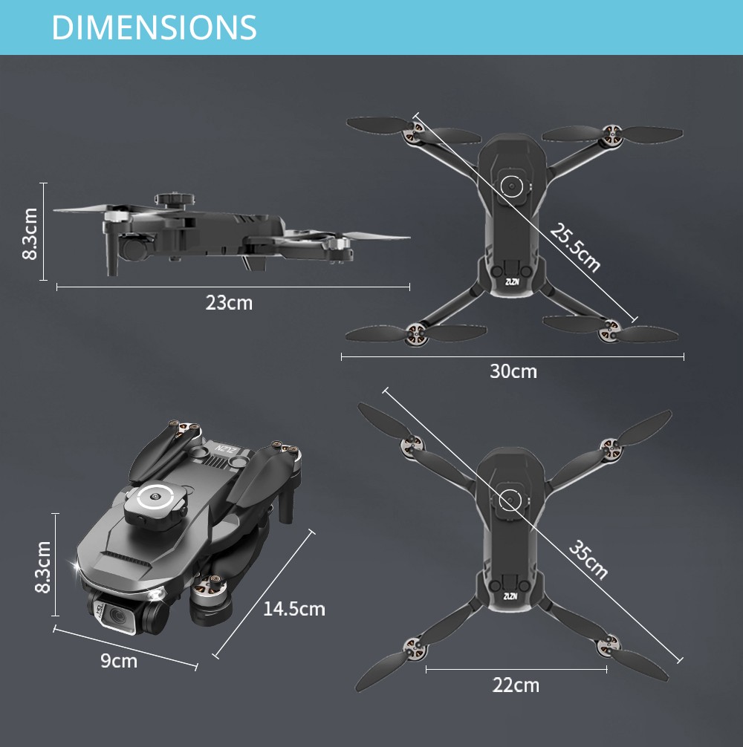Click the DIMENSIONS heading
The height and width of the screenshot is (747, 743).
tap(154, 27)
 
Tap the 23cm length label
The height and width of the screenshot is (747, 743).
tap(229, 303)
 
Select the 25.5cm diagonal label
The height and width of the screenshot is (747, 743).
tap(574, 247)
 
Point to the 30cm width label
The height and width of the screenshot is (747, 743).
tap(513, 371)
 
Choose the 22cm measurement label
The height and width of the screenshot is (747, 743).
tap(516, 685)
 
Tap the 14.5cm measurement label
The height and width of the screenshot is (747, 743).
tap(293, 609)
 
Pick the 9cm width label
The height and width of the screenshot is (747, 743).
tap(119, 660)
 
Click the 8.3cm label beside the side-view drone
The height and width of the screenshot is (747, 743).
tap(30, 232)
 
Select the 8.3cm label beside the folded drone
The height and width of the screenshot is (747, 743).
tap(43, 566)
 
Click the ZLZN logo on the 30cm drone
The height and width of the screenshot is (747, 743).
tap(510, 281)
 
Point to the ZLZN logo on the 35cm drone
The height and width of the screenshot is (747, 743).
tap(510, 596)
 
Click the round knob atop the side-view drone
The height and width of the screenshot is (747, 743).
tap(175, 199)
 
